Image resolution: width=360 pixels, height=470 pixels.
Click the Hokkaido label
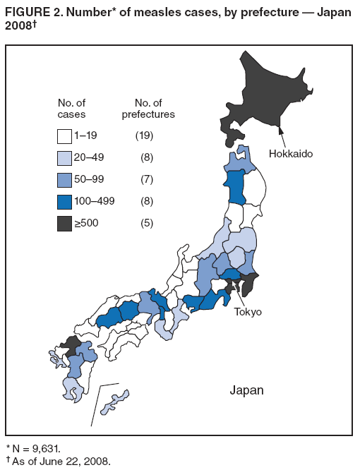point(290,153)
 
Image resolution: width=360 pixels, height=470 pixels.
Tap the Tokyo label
point(248,312)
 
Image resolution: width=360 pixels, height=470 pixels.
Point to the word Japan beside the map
point(246,390)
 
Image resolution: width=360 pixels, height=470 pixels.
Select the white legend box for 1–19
point(65,135)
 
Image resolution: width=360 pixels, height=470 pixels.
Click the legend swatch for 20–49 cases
point(65,157)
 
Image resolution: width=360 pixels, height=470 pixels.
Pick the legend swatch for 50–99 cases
point(65,179)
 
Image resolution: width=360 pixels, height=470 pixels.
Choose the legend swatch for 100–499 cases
point(65,200)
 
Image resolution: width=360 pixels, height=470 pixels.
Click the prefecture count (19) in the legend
point(144,135)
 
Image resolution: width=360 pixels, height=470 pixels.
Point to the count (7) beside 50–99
point(146,179)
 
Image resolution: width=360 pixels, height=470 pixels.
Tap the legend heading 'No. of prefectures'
point(148,108)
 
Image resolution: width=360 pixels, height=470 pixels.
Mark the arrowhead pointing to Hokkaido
point(281,128)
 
